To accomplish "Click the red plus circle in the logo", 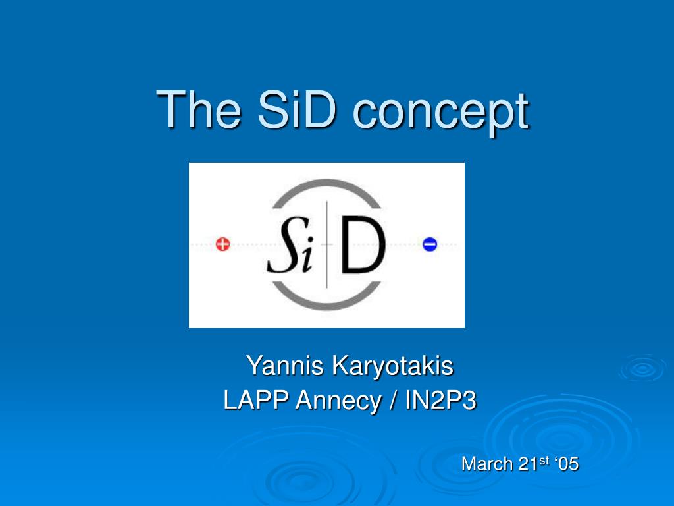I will click(x=223, y=245).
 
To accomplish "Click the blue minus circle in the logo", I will click(x=430, y=245).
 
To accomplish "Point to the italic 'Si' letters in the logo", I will click(x=290, y=249).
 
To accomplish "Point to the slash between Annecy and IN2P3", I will click(x=392, y=401).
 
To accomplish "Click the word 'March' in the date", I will click(x=487, y=464).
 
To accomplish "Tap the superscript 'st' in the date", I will click(x=544, y=460).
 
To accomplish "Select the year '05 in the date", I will click(x=567, y=464).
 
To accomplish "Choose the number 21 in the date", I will click(x=528, y=464).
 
